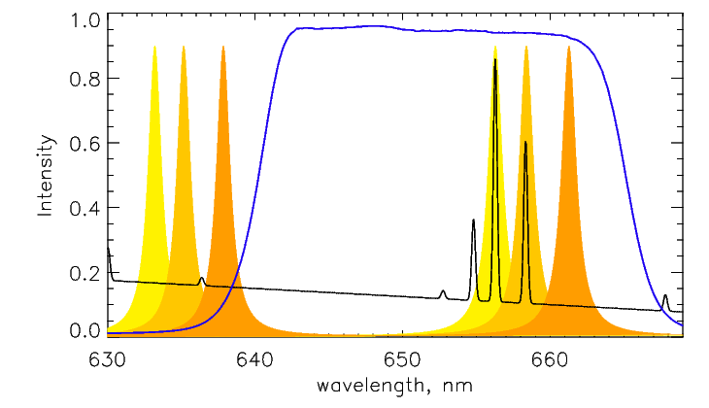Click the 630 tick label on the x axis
pos(107,360)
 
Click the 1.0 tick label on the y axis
pos(84,19)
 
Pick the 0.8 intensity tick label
pos(84,80)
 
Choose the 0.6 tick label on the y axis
pos(84,144)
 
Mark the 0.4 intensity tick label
pos(84,208)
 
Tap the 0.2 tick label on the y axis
pos(84,272)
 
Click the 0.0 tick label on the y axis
pos(84,331)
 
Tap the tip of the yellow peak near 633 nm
pos(154,47)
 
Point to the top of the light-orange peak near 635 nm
pos(184,47)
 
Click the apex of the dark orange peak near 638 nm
pos(223,47)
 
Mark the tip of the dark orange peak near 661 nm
pos(569,47)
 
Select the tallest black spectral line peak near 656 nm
pos(495,59)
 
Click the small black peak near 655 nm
pos(473,221)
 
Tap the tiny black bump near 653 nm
pos(443,290)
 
